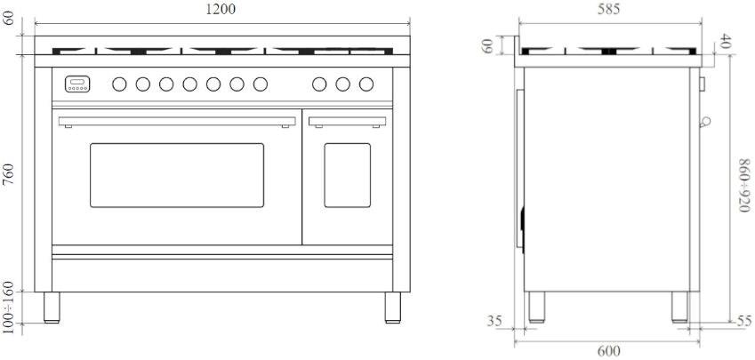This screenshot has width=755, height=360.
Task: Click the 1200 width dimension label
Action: pyautogui.click(x=221, y=9)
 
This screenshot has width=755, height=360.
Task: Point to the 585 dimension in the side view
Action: pyautogui.click(x=608, y=9)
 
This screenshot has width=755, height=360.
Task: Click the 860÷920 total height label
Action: pyautogui.click(x=744, y=185)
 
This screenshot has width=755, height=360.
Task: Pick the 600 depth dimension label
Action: pyautogui.click(x=608, y=352)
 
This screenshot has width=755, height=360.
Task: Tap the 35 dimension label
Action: pyautogui.click(x=494, y=321)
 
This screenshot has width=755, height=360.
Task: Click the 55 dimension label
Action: pyautogui.click(x=744, y=321)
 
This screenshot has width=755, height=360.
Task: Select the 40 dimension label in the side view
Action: pyautogui.click(x=725, y=44)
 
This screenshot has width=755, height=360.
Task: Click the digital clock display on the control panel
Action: pyautogui.click(x=77, y=84)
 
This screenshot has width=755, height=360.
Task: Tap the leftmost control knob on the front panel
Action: pyautogui.click(x=119, y=84)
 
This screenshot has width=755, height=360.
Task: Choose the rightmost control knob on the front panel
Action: pyautogui.click(x=366, y=84)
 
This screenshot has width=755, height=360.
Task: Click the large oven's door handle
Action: pyautogui.click(x=177, y=122)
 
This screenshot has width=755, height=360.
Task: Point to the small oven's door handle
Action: pyautogui.click(x=347, y=122)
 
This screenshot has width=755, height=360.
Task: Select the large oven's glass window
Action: pyautogui.click(x=177, y=175)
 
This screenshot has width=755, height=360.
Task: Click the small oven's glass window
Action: pyautogui.click(x=347, y=175)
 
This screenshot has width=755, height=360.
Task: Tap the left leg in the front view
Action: pyautogui.click(x=52, y=307)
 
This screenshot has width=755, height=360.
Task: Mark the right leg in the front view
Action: pyautogui.click(x=393, y=307)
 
